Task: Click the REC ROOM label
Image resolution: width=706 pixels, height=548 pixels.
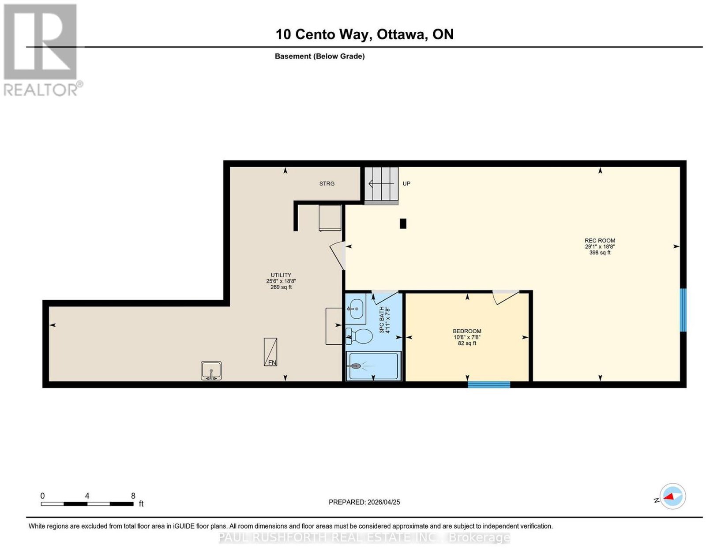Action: [600, 240]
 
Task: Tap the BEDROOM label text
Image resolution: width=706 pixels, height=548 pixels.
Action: [467, 331]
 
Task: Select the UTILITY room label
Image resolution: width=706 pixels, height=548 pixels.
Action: [281, 275]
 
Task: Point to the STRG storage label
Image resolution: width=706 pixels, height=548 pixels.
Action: [327, 184]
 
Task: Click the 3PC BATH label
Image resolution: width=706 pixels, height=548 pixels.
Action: [382, 320]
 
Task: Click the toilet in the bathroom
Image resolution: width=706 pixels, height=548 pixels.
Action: [359, 336]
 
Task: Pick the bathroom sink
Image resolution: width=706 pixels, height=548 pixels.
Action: [356, 309]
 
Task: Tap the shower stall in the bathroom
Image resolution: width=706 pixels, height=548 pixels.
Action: [374, 366]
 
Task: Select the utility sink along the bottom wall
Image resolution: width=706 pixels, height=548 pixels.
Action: [211, 370]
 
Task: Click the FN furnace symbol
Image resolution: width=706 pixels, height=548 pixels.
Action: [270, 352]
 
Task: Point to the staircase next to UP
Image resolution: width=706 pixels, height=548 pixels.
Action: [381, 186]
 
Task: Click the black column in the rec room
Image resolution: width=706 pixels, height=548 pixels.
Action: [403, 224]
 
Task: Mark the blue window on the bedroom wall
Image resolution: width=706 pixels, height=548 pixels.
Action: [488, 384]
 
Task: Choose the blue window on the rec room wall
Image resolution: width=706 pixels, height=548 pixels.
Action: [683, 310]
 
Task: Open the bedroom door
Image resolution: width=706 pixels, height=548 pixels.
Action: [506, 297]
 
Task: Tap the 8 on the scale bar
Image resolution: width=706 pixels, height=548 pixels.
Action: [133, 496]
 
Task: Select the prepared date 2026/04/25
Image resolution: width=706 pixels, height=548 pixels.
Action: [384, 502]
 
